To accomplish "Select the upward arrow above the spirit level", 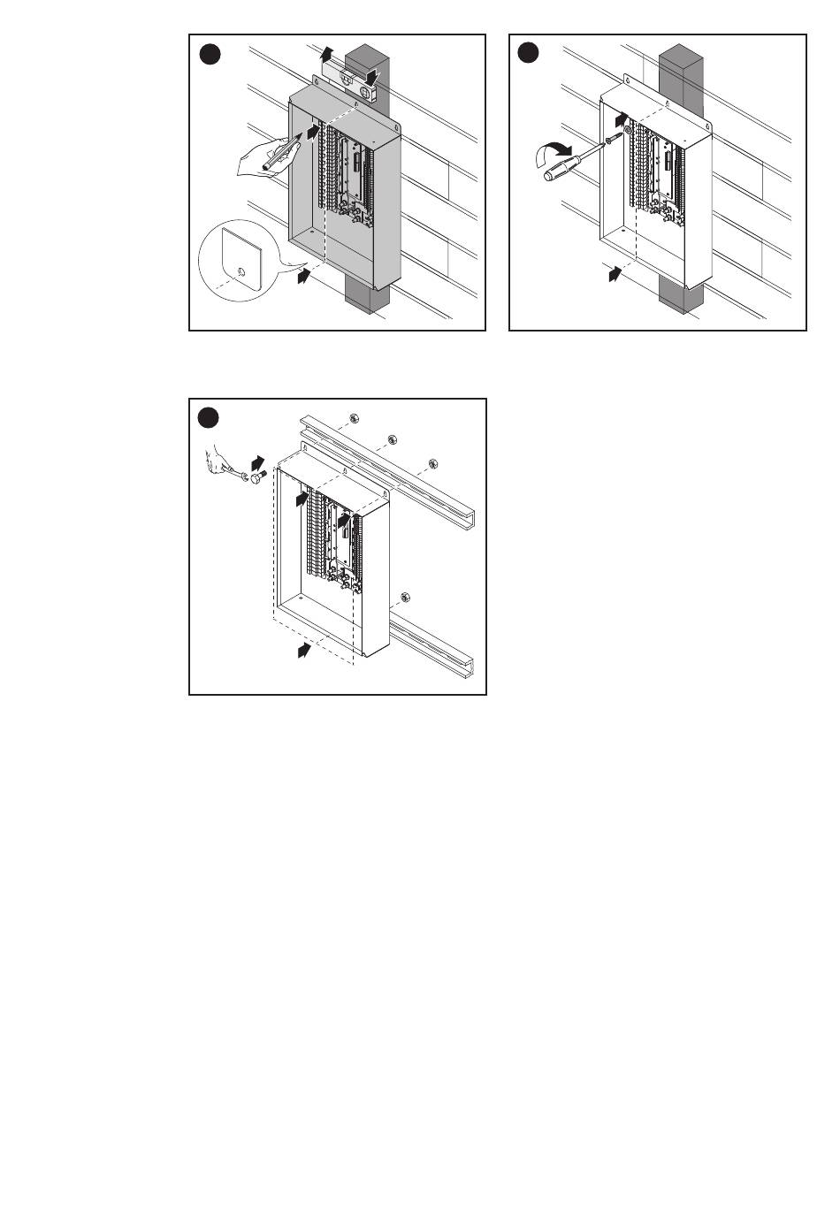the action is [x=328, y=51].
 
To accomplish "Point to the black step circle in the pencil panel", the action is [x=209, y=54].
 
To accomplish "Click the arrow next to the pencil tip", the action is [x=312, y=132].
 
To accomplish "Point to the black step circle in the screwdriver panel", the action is [x=528, y=54].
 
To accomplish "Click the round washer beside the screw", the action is [x=628, y=131].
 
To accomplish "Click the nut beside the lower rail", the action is [x=404, y=598].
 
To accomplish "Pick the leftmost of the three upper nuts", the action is [x=352, y=418].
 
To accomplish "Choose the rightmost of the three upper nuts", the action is [x=433, y=464].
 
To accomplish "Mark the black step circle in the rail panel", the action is [x=209, y=418].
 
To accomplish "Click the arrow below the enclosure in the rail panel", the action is [x=304, y=652].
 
